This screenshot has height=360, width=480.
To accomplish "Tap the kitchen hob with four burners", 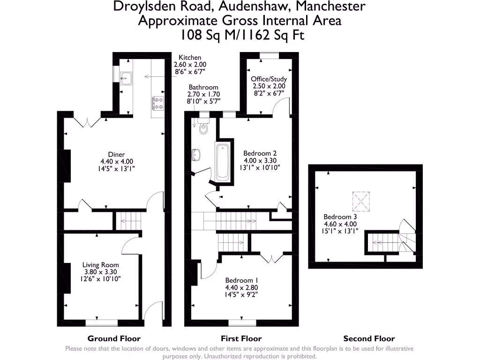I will tap(157, 103).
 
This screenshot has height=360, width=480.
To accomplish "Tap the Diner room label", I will tap(116, 154).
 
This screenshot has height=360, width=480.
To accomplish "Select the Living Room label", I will tap(101, 265).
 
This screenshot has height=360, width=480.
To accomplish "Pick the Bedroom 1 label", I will tap(242, 280).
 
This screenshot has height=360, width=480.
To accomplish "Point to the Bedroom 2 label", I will tap(260, 153).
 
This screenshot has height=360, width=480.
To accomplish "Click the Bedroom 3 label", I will tap(340, 217).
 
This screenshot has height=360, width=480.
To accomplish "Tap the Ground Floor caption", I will tap(114, 338).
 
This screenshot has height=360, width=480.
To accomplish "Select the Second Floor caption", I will tap(369, 338).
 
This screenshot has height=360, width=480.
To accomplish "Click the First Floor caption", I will tap(241, 338).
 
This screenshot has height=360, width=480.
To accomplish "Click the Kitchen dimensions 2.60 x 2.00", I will tap(190, 65).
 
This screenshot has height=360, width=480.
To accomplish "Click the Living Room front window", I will tap(101, 322).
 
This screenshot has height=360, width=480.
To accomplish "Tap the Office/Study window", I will tap(269, 55).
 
